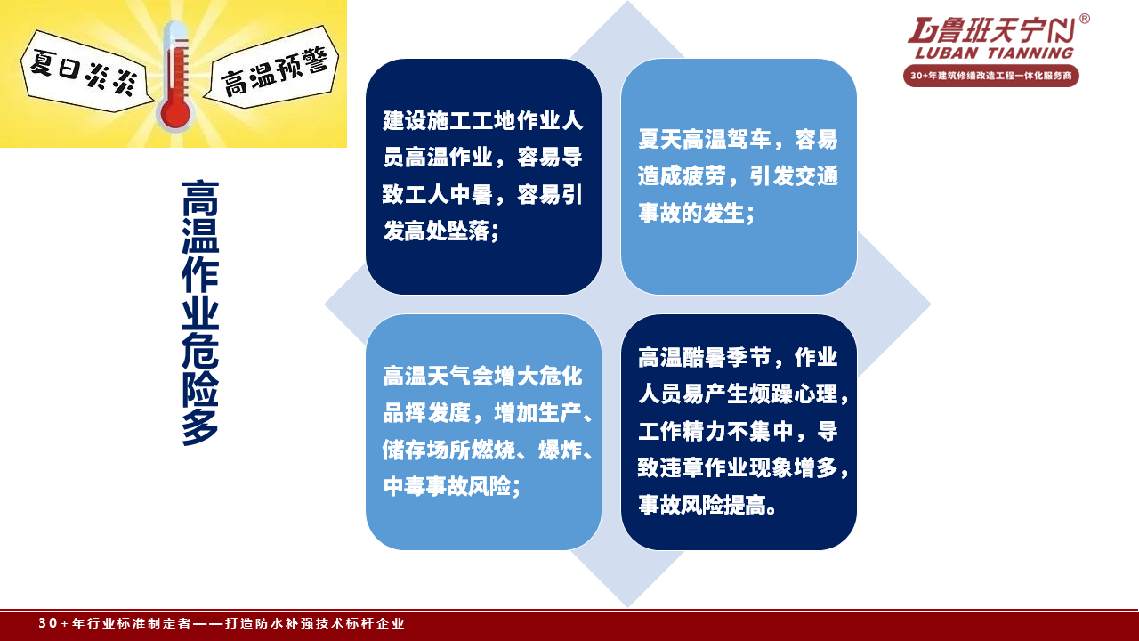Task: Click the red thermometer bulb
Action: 175,112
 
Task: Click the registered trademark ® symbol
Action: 1084,19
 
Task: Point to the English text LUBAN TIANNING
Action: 994,53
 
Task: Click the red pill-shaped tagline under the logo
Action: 991,76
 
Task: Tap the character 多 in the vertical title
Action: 200,427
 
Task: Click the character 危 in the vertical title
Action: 200,351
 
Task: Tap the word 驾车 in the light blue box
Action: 749,140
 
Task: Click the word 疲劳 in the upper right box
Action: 704,176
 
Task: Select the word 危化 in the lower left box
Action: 561,377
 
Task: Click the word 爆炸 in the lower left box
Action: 560,450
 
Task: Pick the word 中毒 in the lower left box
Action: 405,487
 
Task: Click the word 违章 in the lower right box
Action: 682,468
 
